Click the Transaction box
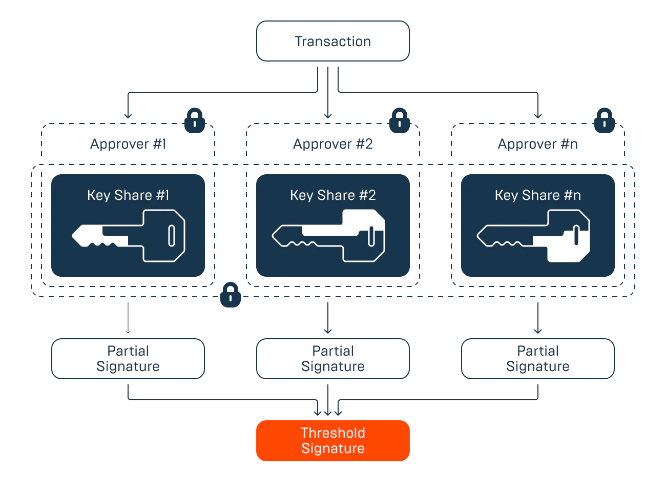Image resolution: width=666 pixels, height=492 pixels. pos(333,41)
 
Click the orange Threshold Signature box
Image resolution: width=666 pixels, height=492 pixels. pos(333,441)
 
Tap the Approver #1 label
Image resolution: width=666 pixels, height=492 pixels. pos(128,144)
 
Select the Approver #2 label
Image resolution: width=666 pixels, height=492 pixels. pos(333,144)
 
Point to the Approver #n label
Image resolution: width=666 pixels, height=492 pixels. pos(538,144)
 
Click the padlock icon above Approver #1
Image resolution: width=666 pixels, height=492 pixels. pos(195,121)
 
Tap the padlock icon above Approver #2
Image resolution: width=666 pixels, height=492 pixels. pos(400,121)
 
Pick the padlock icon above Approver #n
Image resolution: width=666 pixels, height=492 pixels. pos(605,121)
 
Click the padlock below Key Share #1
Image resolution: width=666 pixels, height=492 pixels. pos(231,295)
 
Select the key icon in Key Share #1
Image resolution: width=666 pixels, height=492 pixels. pos(129,236)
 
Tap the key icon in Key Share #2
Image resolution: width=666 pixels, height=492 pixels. pos(328,236)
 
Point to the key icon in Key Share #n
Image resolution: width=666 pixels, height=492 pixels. pos(533,236)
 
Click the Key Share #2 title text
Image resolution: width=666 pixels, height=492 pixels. pos(333,195)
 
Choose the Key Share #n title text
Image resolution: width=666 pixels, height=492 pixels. pos(538,195)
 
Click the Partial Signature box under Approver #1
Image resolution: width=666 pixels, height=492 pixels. pos(128,359)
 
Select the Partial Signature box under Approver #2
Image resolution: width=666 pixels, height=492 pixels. pos(333,359)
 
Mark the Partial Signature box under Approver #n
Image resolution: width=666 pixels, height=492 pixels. pos(538,359)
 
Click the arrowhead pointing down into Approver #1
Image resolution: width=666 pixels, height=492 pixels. pos(128,115)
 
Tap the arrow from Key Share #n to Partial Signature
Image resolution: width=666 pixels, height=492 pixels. pos(538,318)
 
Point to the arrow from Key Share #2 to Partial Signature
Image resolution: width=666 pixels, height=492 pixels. pos(328,318)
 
